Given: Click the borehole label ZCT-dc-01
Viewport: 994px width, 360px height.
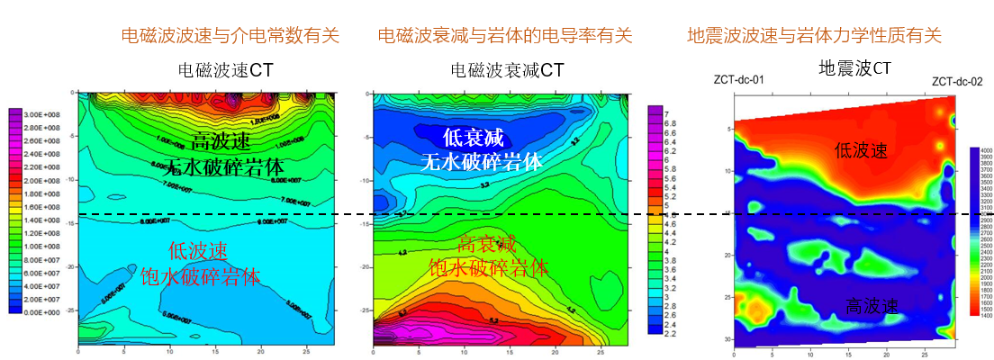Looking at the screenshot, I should click(738, 80).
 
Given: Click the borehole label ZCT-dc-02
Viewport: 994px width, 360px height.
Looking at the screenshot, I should click(956, 80).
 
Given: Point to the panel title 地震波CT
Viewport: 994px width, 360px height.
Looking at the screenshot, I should click(854, 68).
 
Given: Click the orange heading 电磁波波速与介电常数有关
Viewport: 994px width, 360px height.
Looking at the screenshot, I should click(230, 36).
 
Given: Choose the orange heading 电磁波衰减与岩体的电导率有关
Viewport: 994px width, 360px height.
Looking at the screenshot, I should click(505, 36).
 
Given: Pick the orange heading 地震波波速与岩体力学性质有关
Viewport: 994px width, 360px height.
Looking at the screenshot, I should click(814, 36).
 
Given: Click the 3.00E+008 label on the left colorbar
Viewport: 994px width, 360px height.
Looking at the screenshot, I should click(42, 114).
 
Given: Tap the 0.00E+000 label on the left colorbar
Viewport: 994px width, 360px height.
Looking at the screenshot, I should click(42, 311).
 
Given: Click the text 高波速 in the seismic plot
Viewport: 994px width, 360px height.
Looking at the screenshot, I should click(872, 307).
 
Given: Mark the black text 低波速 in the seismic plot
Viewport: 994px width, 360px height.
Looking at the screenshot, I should click(862, 150).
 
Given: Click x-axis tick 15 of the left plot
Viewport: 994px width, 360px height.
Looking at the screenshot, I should click(207, 350).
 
